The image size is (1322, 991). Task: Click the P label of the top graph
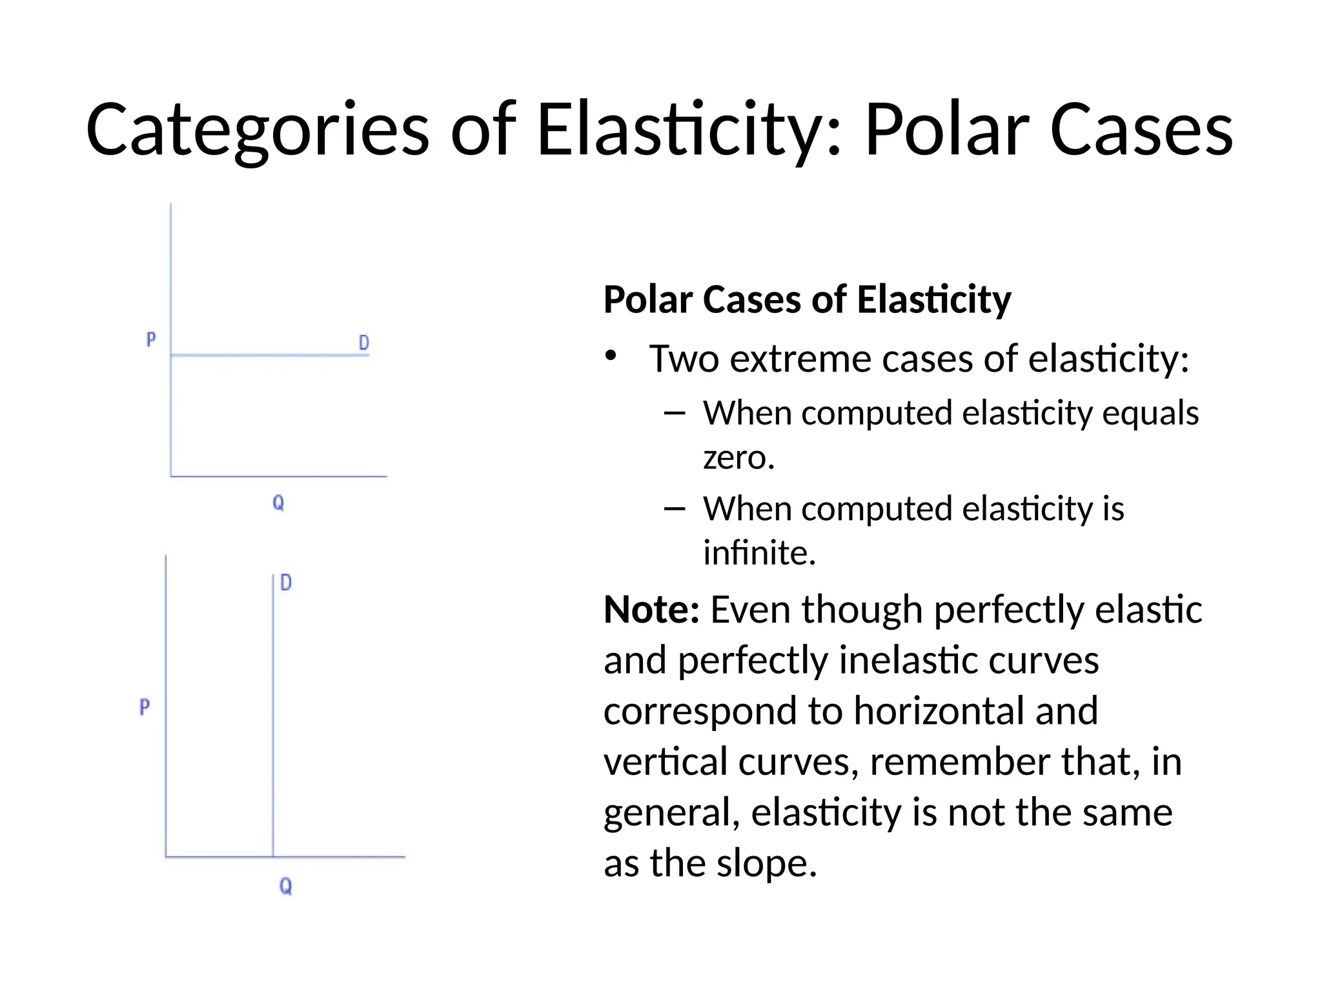(151, 339)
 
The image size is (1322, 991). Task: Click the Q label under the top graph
(278, 503)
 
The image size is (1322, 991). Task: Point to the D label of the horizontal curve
(364, 343)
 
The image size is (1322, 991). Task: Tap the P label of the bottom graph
(145, 707)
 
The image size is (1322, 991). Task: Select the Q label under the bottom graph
(285, 886)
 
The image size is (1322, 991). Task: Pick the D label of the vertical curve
(286, 583)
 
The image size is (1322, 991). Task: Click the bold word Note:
(651, 610)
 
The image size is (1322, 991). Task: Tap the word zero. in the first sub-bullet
(738, 458)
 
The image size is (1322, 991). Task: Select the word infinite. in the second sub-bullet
(759, 553)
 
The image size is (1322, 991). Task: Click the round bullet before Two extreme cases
(611, 357)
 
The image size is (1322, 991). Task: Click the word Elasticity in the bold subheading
(933, 300)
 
